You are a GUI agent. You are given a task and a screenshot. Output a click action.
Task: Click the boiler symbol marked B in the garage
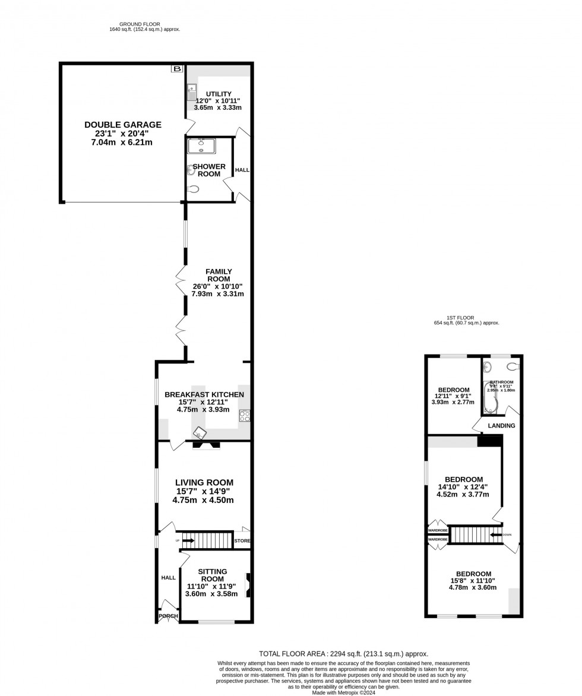click(176, 69)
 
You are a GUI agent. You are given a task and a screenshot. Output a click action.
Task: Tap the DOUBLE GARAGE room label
click(123, 125)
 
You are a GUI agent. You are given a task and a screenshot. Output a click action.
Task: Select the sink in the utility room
click(191, 93)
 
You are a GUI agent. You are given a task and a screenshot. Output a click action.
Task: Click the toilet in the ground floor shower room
click(192, 189)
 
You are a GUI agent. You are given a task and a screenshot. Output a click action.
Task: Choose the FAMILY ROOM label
click(219, 276)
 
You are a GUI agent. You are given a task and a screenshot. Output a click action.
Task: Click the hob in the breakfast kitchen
click(244, 415)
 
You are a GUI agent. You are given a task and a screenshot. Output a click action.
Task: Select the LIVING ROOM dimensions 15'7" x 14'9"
click(203, 491)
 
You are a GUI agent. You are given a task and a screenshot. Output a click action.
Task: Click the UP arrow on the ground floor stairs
click(188, 540)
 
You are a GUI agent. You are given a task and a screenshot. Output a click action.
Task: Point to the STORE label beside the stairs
click(242, 541)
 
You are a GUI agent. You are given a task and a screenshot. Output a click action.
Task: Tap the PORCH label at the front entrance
click(168, 616)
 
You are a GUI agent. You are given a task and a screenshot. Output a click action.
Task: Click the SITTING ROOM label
click(212, 575)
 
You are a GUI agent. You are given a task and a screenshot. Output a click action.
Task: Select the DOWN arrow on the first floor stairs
click(496, 534)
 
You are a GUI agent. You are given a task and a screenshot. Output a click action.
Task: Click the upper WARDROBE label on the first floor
click(438, 530)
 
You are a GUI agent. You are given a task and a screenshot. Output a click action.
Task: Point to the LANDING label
click(501, 426)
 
